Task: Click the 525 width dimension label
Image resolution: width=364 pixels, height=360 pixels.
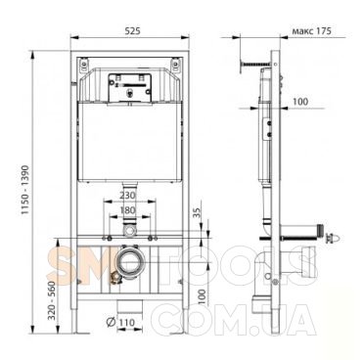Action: point(133,31)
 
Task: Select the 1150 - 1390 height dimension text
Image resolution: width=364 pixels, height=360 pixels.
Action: point(25,190)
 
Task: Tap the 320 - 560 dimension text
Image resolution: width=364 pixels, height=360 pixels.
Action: point(52,300)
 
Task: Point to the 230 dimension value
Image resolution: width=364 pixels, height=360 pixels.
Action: point(127,196)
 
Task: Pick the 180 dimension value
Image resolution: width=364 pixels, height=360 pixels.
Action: point(127,210)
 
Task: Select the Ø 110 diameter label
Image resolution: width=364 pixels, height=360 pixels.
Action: point(120,322)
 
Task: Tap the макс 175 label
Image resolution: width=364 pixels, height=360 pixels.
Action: point(311,31)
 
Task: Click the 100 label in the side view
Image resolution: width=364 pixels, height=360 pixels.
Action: point(300,102)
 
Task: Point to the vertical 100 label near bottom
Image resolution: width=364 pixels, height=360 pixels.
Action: point(203,296)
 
